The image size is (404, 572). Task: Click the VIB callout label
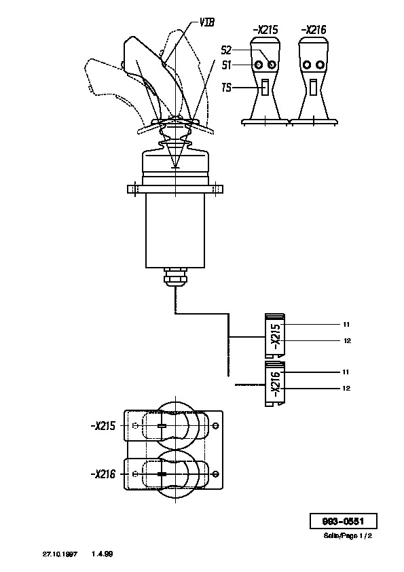pos(206,22)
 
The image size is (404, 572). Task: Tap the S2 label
pos(226,50)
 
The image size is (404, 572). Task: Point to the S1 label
pos(226,65)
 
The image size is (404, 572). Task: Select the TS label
pos(226,88)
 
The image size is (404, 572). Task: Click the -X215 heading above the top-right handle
pos(265,29)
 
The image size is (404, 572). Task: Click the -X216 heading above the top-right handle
pos(314,29)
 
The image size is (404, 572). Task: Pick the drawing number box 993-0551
pos(343,521)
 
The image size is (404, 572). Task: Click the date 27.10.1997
pos(60,554)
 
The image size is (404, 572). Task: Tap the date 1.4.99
pos(102,554)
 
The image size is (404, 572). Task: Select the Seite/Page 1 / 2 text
pos(348,535)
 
